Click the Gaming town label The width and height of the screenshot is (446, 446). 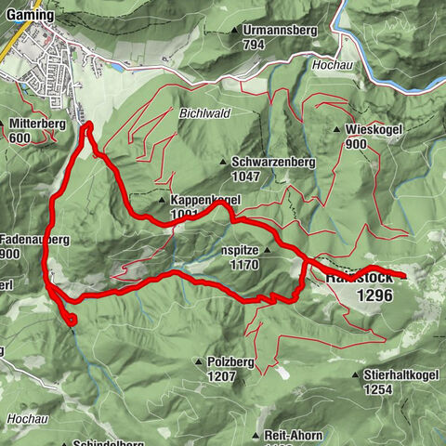coord(29,16)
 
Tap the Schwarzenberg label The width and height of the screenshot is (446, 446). coord(274,162)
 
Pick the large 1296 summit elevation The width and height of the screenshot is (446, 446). coord(374,295)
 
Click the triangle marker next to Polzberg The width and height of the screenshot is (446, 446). coord(198,361)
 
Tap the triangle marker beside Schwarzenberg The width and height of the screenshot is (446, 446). coord(224,163)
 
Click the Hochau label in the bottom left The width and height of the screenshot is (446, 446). coord(26,420)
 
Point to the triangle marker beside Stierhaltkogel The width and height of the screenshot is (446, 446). coord(357,375)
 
